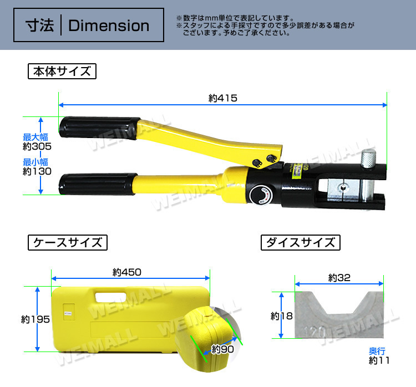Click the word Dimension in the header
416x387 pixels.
pyautogui.click(x=109, y=26)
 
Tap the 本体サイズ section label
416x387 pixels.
pyautogui.click(x=62, y=72)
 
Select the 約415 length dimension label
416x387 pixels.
pyautogui.click(x=223, y=98)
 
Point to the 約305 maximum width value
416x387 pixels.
pyautogui.click(x=37, y=146)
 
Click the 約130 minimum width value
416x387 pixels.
pyautogui.click(x=37, y=171)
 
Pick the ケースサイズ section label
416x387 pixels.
pyautogui.click(x=68, y=242)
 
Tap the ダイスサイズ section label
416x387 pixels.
pyautogui.click(x=300, y=242)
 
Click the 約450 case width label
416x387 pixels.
pyautogui.click(x=127, y=272)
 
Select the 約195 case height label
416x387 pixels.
pyautogui.click(x=35, y=319)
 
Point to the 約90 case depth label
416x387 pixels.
pyautogui.click(x=223, y=349)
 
